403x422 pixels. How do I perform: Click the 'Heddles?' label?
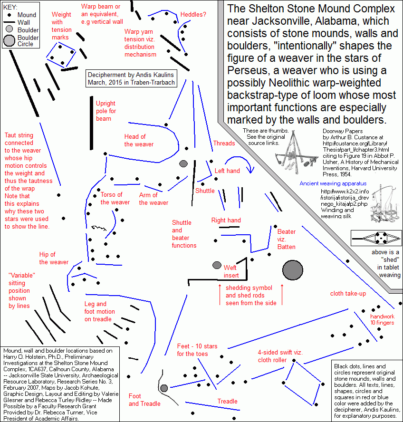[193, 15]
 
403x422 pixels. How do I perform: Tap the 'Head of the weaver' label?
[139, 141]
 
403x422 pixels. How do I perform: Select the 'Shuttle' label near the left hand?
[205, 191]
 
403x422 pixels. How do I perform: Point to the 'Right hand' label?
[226, 220]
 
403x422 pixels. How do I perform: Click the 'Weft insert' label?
[230, 271]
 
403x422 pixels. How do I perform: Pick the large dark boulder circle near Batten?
[292, 270]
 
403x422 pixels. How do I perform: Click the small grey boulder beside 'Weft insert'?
[217, 265]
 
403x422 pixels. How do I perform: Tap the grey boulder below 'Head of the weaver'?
[184, 163]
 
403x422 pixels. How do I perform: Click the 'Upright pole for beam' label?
[106, 111]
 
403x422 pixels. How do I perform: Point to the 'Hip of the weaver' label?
[54, 258]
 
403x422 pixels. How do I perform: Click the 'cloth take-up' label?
[348, 293]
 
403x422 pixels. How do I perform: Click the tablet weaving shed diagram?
[375, 237]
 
